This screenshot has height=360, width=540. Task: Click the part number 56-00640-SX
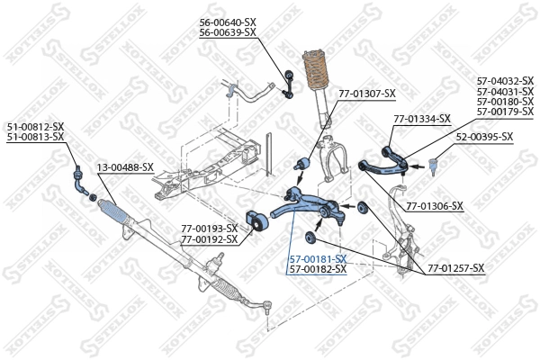228,22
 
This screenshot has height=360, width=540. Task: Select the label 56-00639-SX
228,32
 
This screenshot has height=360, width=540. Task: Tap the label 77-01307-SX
366,94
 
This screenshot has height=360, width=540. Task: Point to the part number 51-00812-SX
35,126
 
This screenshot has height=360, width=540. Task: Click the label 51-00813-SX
35,137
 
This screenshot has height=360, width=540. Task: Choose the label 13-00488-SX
125,167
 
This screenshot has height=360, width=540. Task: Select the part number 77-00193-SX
209,229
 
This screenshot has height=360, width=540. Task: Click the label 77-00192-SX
209,239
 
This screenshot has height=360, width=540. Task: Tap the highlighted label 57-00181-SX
318,258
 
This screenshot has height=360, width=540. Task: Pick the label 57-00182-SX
318,269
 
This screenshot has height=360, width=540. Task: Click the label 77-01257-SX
455,268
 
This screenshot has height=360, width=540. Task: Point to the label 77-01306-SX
435,206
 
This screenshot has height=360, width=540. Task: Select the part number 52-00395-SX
483,137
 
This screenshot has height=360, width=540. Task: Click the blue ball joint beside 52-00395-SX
433,165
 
